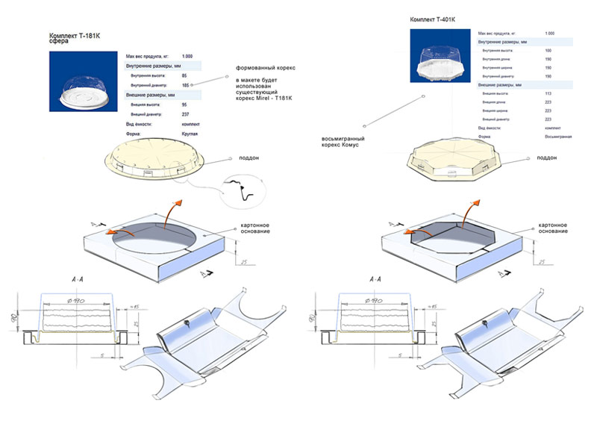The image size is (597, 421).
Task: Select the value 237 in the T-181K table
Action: pos(184,114)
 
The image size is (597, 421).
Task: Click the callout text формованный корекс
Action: pos(262,68)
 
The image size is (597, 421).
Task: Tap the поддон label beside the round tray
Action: pos(249,159)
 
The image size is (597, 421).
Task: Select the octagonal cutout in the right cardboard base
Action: pos(451,239)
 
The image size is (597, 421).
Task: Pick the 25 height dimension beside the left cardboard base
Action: pos(244,262)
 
